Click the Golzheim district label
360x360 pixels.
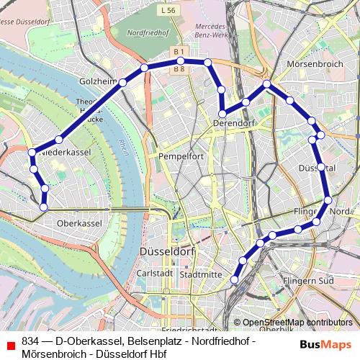point(97,82)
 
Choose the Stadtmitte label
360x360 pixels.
point(201,274)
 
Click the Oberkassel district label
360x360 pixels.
point(78,223)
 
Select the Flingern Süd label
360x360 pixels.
point(309,280)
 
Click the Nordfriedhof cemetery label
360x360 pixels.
point(148,33)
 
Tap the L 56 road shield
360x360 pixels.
point(168,10)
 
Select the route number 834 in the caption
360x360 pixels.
point(30,340)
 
